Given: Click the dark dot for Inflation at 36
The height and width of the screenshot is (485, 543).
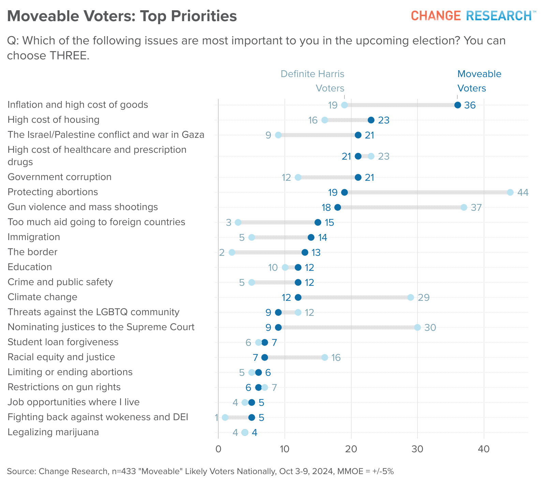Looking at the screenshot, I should coord(457,105).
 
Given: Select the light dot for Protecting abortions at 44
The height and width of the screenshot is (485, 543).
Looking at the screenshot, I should coord(510,192).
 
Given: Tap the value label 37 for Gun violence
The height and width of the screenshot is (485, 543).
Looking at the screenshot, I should coord(476,207).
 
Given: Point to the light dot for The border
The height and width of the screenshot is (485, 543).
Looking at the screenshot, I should coord(232,252).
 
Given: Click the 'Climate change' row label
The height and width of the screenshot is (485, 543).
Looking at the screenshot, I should coord(42,297).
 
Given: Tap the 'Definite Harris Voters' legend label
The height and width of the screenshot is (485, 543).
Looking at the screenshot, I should coord(312,81).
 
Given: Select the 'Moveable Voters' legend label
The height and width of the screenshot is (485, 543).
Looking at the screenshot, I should coord(479,81).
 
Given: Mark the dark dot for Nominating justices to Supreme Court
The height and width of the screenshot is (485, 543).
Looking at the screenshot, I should coord(278,327).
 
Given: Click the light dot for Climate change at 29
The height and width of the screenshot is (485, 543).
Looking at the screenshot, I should coord(411,297).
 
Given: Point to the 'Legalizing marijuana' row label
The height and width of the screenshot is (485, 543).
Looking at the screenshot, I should coord(53,432).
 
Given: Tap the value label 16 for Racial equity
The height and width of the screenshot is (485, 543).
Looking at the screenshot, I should coord(336,357).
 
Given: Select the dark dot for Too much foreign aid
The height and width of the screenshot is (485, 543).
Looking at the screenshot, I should coord(318,222).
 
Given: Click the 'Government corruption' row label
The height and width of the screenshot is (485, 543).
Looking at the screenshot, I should coord(59,177).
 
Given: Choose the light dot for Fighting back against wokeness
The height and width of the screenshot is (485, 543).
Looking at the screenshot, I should coord(225,417).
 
